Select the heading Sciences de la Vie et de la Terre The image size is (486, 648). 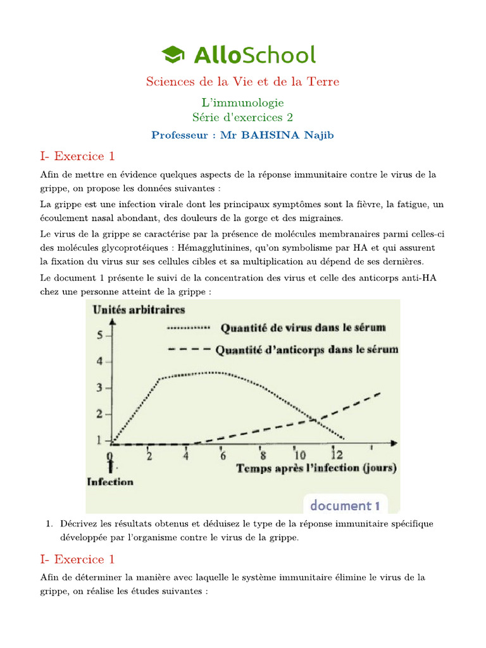[x=242, y=82]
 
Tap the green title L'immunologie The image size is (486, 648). [x=242, y=102]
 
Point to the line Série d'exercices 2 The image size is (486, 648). [x=242, y=117]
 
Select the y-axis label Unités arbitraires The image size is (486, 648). [x=139, y=310]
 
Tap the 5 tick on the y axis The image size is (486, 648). [x=99, y=335]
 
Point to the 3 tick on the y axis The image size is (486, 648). [x=99, y=388]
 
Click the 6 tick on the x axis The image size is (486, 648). [x=222, y=455]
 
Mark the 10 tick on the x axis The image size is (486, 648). [x=299, y=455]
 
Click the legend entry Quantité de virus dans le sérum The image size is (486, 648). [x=302, y=328]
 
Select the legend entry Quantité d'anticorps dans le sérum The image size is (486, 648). [x=307, y=349]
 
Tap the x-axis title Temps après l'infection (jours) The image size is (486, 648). [x=316, y=468]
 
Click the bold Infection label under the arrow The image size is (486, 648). [x=110, y=482]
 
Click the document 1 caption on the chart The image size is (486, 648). [x=344, y=505]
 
